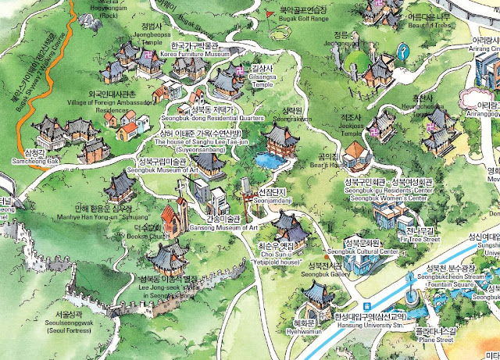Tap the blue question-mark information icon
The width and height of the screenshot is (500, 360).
coord(402,52)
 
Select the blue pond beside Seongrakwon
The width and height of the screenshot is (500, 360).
coord(271,160)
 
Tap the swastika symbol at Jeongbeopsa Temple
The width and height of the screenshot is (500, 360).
coord(146,55)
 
